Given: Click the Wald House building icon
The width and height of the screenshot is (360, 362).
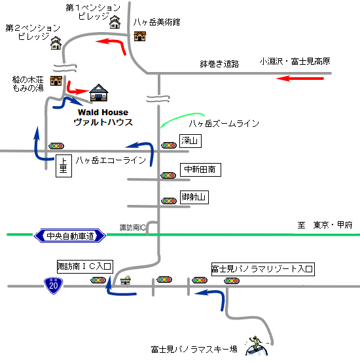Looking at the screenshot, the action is point(99,93).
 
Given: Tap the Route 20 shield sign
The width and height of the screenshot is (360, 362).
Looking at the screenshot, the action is point(53,285).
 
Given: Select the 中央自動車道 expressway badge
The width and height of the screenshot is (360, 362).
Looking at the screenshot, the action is point(70,236).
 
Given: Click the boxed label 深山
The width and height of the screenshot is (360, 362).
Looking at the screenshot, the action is point(190,141).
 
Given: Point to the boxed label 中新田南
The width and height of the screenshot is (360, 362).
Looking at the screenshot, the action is point(200,170).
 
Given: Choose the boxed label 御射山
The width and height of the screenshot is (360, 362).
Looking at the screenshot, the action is point(194,197).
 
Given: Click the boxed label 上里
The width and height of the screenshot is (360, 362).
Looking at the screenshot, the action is point(63,166).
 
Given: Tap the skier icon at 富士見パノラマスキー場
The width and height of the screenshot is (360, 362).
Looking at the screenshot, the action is point(257,346).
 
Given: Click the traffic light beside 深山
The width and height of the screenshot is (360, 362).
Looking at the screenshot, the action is point(169,145).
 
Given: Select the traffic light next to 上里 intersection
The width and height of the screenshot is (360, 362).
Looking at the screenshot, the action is point(56,146).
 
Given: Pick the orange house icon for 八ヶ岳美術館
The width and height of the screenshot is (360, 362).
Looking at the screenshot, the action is point(140,37).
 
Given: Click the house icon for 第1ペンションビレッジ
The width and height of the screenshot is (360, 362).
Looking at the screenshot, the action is point(115,22).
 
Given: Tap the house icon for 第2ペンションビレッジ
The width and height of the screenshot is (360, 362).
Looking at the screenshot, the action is point(56,43).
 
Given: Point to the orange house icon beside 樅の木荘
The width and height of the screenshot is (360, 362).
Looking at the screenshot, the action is point(56,81).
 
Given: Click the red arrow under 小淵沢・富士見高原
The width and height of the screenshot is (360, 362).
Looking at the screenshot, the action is point(300,79).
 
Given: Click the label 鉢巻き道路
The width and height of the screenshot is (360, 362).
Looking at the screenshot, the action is point(219,64).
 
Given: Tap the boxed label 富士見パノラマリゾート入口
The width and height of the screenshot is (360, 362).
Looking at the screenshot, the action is point(263,269).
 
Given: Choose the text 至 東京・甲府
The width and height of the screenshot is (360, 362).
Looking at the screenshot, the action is point(325,225).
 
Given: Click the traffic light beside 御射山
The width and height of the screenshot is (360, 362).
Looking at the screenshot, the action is point(169,201).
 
